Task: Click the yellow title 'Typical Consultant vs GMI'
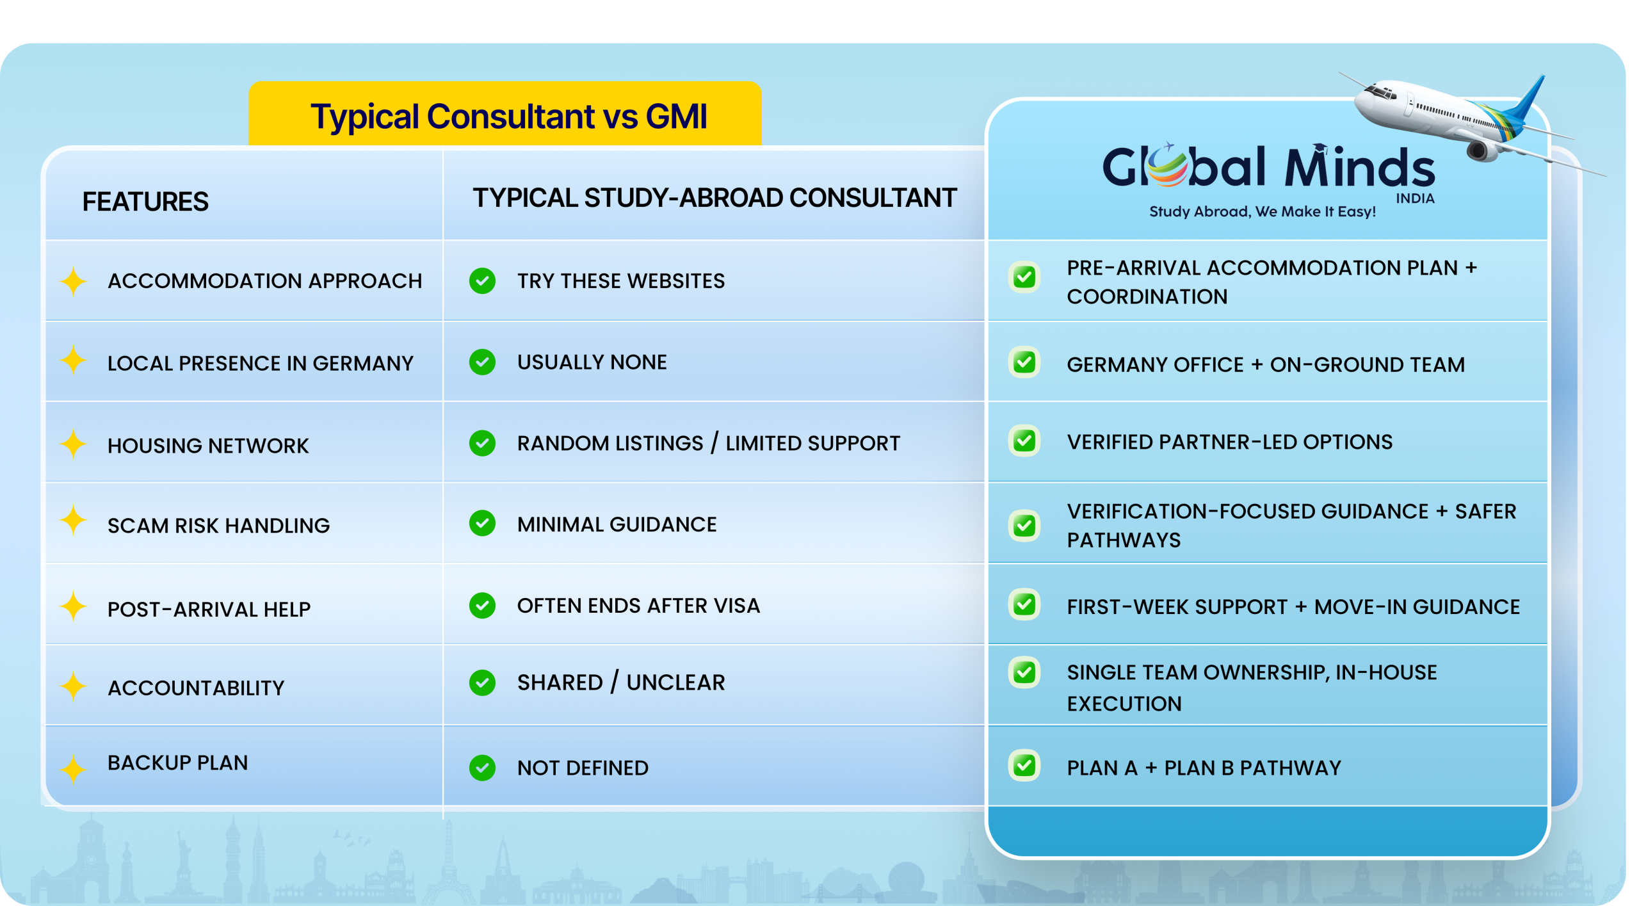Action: [x=508, y=117]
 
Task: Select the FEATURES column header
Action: [x=145, y=202]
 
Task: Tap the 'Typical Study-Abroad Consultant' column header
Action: [x=715, y=198]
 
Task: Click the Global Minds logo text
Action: [x=1268, y=166]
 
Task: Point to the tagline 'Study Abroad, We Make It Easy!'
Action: [x=1262, y=211]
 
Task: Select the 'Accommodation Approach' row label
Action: [x=264, y=280]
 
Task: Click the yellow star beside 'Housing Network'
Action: [x=73, y=443]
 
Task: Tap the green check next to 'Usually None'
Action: [x=482, y=362]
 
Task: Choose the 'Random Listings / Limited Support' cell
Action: [x=708, y=443]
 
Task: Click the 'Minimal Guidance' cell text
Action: [x=617, y=524]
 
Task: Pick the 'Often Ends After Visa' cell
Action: [x=638, y=606]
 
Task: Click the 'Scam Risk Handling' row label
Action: [x=218, y=526]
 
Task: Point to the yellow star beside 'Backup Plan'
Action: [x=73, y=768]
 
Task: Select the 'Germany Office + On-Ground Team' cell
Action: [x=1265, y=364]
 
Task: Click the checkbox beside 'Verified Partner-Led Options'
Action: [x=1024, y=441]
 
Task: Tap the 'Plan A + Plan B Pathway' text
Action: [x=1204, y=768]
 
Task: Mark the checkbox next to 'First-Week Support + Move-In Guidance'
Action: [x=1024, y=604]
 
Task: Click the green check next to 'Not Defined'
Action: [x=482, y=768]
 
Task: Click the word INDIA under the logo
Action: [x=1415, y=198]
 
